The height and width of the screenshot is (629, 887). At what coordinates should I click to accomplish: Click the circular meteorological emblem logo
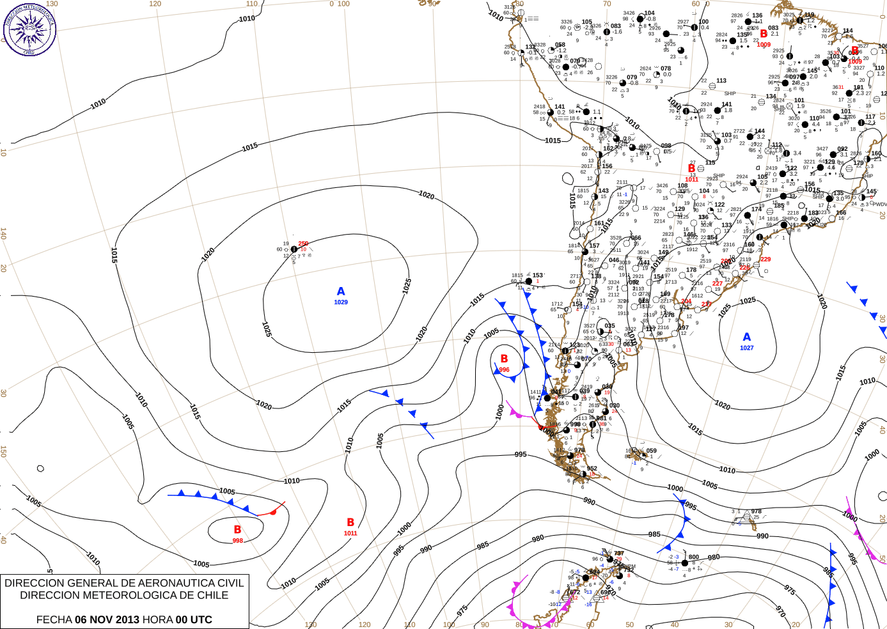coord(29,29)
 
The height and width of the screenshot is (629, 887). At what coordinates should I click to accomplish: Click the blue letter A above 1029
coord(341,291)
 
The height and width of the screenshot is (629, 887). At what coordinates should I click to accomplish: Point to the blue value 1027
coord(747,348)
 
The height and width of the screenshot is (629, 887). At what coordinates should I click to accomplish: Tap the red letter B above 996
coord(504,359)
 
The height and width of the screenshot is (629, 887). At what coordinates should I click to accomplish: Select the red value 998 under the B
coord(237,541)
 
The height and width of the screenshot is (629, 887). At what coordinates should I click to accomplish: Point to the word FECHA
coord(54,619)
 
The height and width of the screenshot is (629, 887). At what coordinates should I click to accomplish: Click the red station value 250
coord(303,244)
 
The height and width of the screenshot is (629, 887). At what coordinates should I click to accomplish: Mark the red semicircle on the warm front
coord(274,511)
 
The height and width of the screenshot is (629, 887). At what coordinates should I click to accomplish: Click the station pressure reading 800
coord(694,557)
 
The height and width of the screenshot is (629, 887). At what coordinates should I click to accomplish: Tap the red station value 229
coord(765,259)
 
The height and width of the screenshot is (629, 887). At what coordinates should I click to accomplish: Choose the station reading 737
coord(618,554)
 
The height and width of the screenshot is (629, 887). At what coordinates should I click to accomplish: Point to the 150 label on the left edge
coord(3,451)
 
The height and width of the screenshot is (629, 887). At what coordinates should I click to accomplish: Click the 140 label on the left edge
coord(3,234)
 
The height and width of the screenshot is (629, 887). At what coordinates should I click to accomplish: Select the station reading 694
coord(595,572)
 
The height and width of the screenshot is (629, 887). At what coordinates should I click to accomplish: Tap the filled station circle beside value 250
coord(294,249)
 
